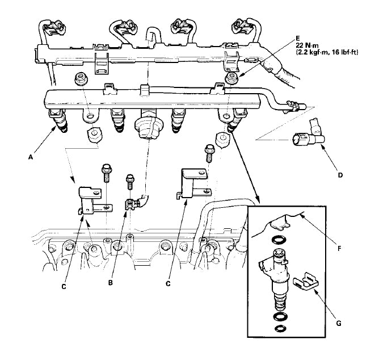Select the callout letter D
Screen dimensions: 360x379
click(x=340, y=175)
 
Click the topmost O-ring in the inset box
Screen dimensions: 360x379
click(x=278, y=239)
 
